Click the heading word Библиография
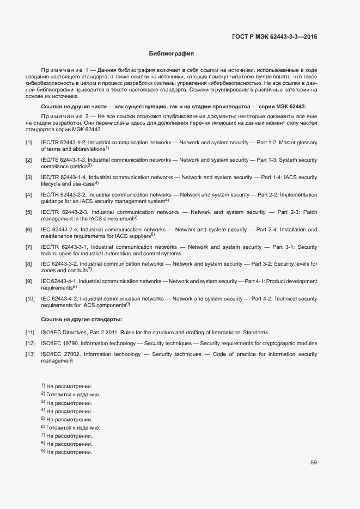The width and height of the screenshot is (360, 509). [x=172, y=54]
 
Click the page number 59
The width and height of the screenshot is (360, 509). [x=314, y=463]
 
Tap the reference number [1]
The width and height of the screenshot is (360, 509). [x=28, y=143]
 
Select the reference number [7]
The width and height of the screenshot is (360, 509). [x=28, y=247]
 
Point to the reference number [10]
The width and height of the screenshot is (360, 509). [x=30, y=299]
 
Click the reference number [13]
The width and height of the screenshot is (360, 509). [x=30, y=354]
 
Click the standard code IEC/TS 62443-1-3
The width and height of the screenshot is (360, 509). [x=63, y=160]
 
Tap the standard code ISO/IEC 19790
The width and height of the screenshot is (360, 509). [x=60, y=344]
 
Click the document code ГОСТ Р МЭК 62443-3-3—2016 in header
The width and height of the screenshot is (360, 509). [x=274, y=37]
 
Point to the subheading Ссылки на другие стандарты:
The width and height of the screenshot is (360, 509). [x=82, y=319]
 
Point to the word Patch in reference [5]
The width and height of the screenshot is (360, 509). [x=309, y=212]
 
